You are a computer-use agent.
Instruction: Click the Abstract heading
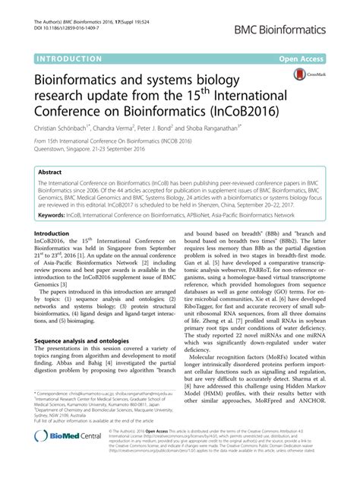(x=51, y=173)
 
